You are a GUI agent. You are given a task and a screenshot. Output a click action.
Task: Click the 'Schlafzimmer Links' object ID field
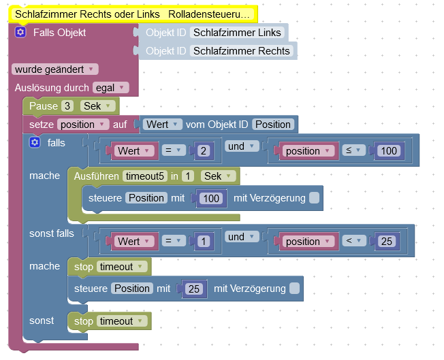point(238,32)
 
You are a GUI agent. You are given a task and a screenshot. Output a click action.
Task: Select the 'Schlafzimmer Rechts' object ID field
point(242,50)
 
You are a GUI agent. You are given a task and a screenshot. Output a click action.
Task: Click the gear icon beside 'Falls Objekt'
point(20,32)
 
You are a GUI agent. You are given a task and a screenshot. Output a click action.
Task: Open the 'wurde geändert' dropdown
point(54,69)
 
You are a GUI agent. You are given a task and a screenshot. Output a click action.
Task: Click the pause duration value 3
point(67,106)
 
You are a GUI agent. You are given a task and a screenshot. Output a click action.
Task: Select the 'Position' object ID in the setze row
point(273,125)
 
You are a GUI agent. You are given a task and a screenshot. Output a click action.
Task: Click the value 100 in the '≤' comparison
point(389,150)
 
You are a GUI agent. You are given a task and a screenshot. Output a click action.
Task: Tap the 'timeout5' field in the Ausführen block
point(145,176)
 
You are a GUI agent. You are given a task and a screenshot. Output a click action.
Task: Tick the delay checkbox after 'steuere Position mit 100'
point(313,198)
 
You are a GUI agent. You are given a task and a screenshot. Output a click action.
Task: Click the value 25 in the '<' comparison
point(387,241)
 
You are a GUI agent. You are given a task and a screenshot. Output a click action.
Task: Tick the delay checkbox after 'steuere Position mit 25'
point(294,289)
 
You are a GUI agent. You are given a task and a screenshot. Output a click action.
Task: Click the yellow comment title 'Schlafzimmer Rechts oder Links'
point(129,14)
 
